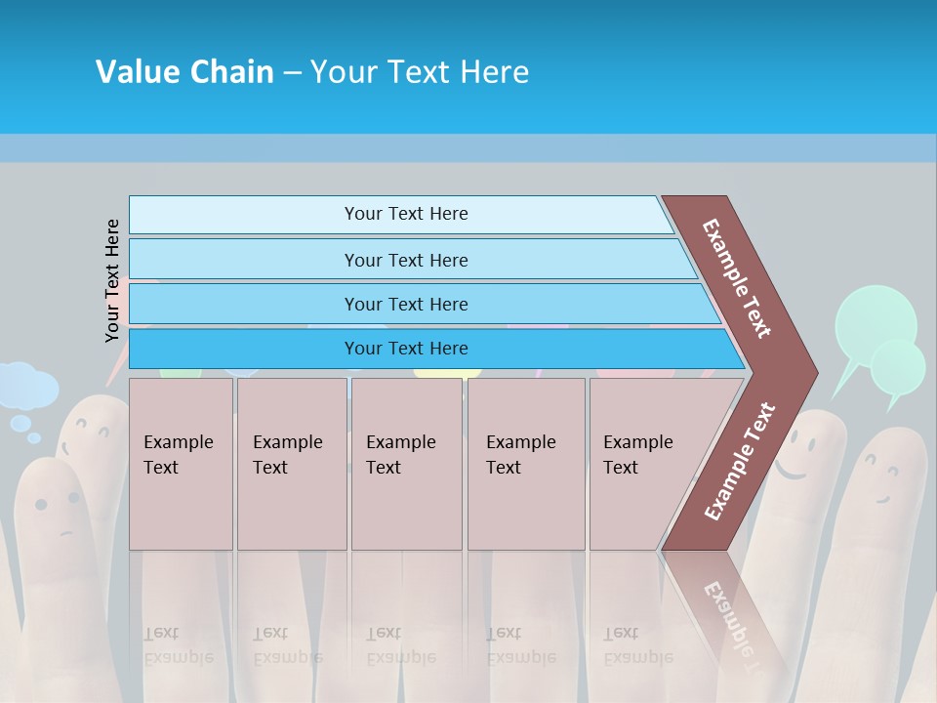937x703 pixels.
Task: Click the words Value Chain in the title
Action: [184, 72]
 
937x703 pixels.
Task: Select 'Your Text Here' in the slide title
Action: [420, 72]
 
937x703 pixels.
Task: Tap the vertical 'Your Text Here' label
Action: [112, 280]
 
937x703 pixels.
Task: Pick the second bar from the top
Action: [405, 260]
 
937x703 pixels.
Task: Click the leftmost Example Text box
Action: [181, 464]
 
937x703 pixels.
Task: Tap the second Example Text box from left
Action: [291, 464]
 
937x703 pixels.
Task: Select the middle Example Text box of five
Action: [406, 464]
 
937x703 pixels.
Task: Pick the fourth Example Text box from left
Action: [526, 464]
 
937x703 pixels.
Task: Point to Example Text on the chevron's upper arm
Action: [737, 278]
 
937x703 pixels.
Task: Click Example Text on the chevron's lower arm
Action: [739, 462]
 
